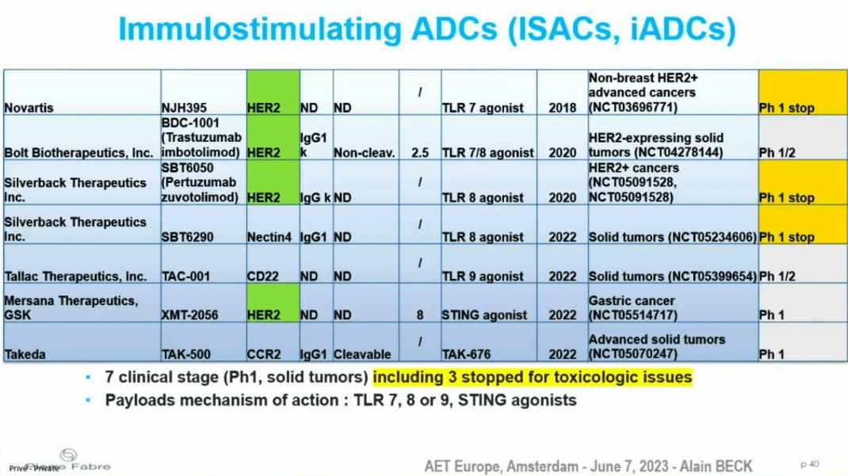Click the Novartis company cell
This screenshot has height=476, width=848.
[x=82, y=92]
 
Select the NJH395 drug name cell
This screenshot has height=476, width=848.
[x=204, y=92]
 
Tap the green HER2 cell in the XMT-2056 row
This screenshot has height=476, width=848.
[x=273, y=303]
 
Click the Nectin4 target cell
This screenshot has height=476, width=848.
[x=273, y=224]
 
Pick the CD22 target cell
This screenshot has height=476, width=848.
[x=273, y=264]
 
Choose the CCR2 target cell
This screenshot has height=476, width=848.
[x=273, y=342]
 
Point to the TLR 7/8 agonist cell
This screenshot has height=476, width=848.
[x=489, y=137]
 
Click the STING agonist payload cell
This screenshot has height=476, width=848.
[x=489, y=303]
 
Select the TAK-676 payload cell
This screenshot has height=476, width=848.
[x=489, y=342]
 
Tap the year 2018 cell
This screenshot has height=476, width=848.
[x=563, y=92]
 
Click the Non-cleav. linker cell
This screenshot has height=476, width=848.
[x=366, y=137]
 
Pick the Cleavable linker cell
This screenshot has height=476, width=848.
[x=366, y=342]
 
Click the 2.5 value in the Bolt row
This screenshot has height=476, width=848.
[x=420, y=153]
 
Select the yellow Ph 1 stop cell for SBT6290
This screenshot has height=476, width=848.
[x=803, y=224]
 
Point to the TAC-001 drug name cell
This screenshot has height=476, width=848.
[x=204, y=264]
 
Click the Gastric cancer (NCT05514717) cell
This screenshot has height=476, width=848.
[x=673, y=303]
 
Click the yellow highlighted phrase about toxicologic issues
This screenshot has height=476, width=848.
[x=532, y=377]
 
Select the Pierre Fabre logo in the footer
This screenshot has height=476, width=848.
[x=67, y=460]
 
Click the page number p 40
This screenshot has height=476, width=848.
[x=810, y=464]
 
